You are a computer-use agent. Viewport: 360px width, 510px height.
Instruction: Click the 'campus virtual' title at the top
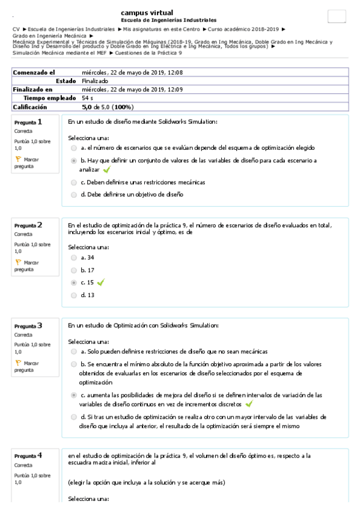(147, 13)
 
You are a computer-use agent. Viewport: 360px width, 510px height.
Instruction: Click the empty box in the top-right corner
(336, 16)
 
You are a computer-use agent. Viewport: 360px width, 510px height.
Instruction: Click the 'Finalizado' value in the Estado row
(95, 81)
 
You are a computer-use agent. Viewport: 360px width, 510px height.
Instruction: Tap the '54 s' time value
(87, 97)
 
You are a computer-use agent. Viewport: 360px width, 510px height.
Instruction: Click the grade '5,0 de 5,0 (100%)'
(108, 106)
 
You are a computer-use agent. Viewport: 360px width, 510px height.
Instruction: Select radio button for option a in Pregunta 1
(74, 147)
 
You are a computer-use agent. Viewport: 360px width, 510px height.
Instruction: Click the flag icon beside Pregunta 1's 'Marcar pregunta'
(18, 159)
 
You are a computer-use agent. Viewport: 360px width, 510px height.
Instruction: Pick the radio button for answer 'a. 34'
(74, 257)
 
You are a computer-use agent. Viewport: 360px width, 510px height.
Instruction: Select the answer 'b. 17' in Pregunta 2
(87, 270)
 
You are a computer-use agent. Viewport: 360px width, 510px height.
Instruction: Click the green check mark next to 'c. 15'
(100, 282)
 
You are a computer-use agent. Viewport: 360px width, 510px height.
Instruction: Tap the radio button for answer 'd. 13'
(74, 295)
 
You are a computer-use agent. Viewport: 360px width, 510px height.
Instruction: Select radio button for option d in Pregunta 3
(74, 416)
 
